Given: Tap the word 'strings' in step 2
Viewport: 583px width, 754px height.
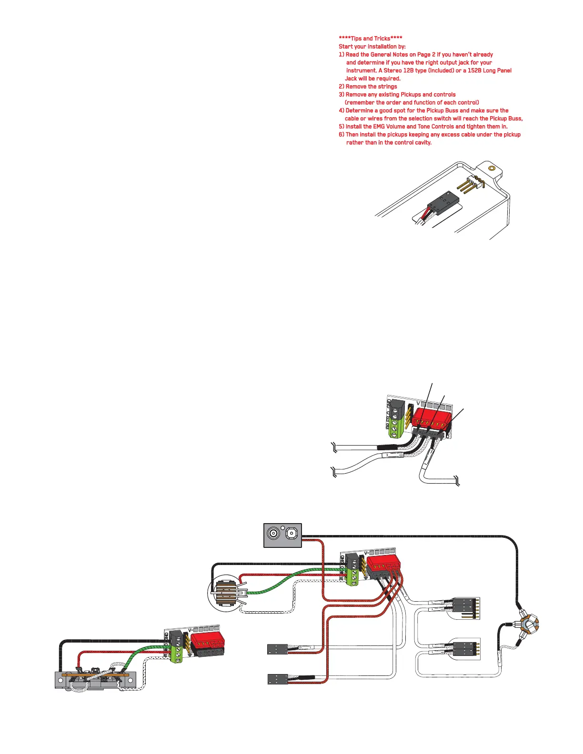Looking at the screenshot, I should (387, 87).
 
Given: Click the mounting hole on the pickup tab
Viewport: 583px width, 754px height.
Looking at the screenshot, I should (492, 169).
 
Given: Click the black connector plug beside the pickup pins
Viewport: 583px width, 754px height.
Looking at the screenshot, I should (442, 203).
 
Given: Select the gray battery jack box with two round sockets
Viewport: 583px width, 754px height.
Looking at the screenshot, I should (282, 535).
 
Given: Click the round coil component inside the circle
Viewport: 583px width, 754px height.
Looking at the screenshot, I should (228, 593).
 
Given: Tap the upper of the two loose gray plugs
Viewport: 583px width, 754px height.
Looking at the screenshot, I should (278, 648).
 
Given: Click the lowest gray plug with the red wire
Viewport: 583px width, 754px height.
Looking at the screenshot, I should (278, 679).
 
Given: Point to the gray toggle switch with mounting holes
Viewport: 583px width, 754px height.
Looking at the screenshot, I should (96, 680).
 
